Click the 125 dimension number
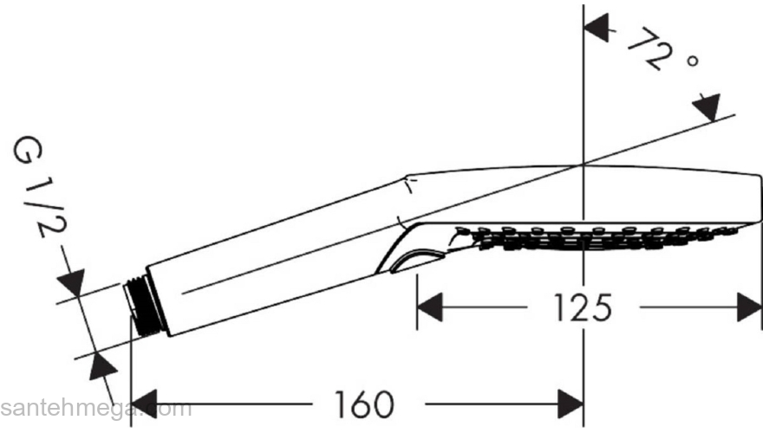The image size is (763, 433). pos(584,307)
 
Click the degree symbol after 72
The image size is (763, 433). pos(691,64)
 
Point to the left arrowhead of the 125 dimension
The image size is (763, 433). pos(430,307)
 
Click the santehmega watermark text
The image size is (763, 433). pos(95,408)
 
